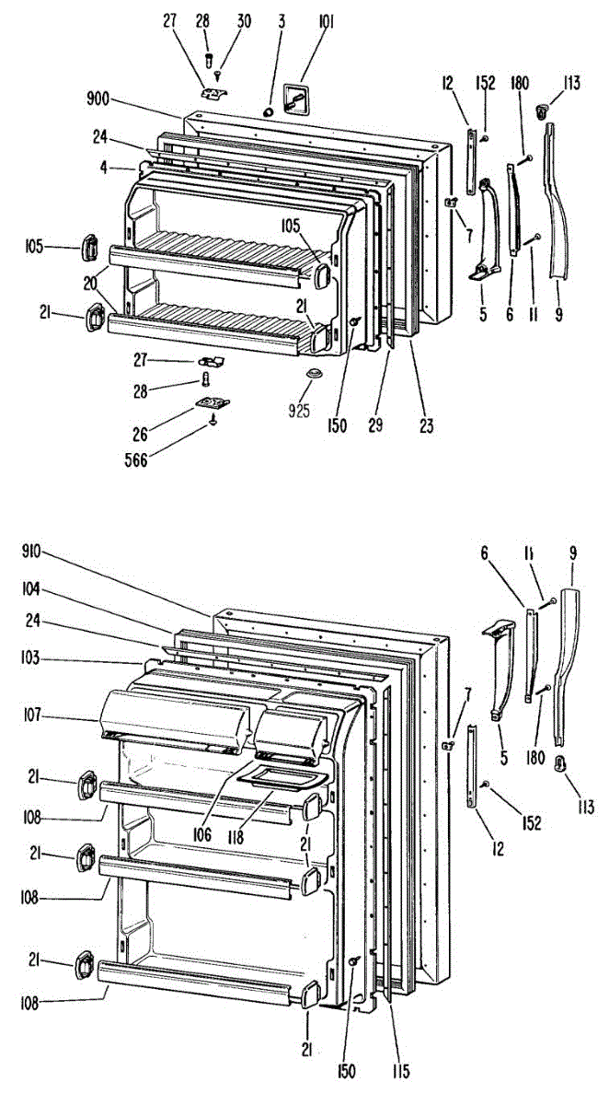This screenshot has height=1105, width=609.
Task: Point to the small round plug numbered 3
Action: (269, 111)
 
